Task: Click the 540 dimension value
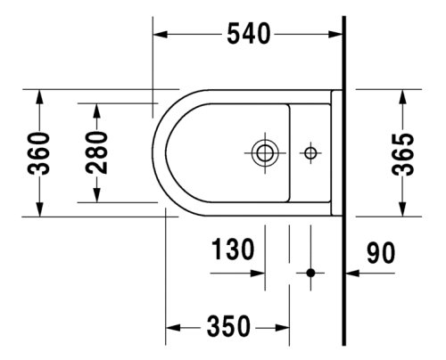coord(245,35)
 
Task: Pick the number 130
coord(234,248)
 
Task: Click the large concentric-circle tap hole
coord(264,151)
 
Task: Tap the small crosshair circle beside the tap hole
coord(310,152)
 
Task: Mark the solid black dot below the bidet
coord(310,272)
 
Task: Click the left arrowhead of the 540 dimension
coord(161,35)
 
